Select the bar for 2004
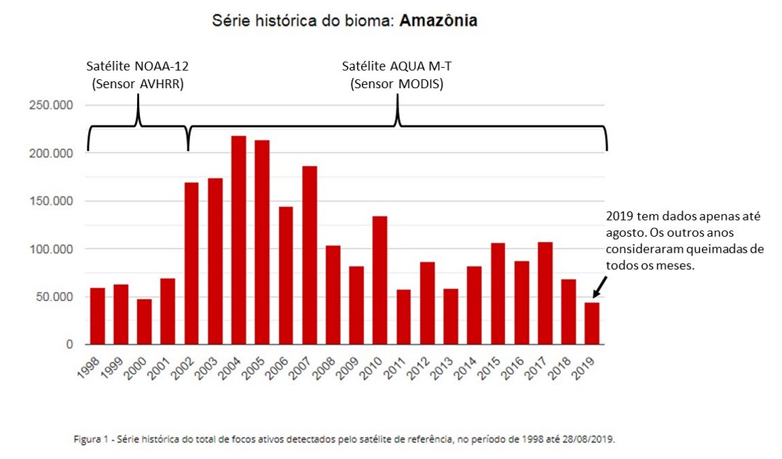click(x=238, y=241)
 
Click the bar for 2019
click(x=591, y=323)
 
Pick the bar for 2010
click(x=379, y=280)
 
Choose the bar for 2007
click(x=309, y=255)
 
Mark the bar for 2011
click(x=403, y=317)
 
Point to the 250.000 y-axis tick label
click(x=52, y=105)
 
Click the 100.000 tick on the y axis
click(x=52, y=249)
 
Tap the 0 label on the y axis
click(x=69, y=344)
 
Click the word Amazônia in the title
click(x=438, y=20)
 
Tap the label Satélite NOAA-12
click(x=138, y=67)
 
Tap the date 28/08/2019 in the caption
click(x=588, y=439)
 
